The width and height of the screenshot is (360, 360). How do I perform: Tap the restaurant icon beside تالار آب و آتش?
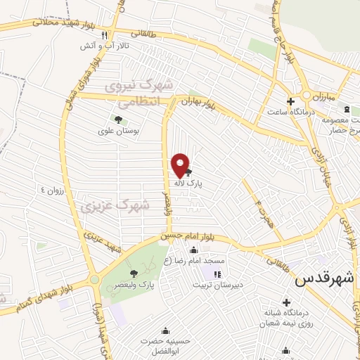[x=105, y=34]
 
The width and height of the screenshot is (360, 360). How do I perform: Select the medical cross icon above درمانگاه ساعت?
[x=290, y=101]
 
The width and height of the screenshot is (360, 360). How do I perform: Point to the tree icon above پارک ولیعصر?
[x=134, y=274]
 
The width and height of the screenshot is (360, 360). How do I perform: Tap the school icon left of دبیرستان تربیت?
[x=217, y=274]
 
